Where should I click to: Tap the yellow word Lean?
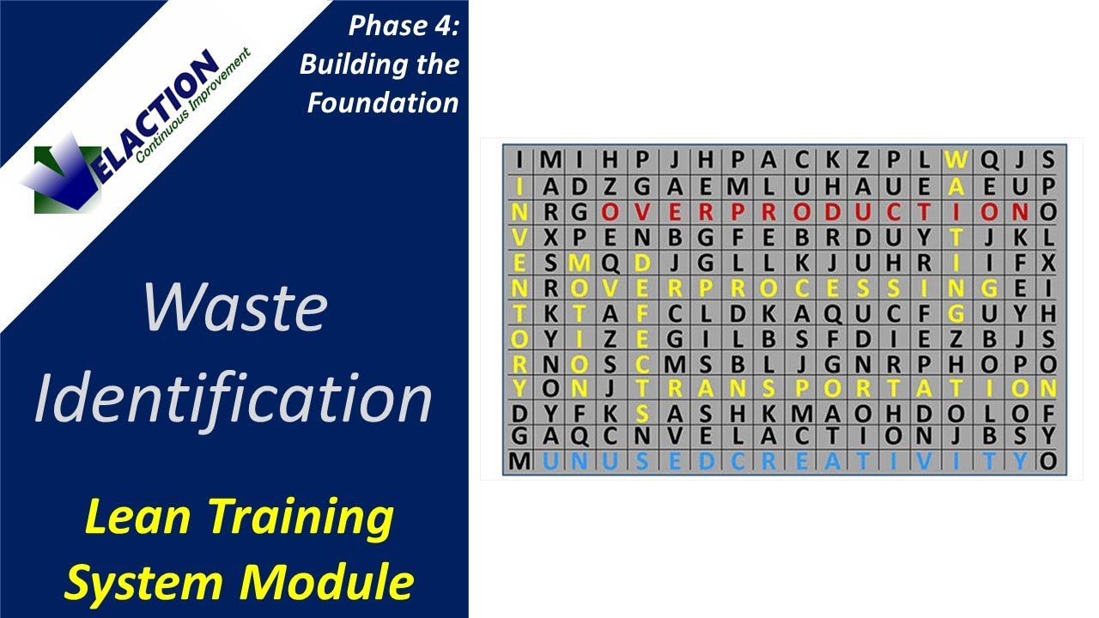coord(138,518)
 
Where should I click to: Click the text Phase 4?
coord(404,27)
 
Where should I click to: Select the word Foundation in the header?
coord(383,102)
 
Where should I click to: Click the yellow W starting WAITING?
coord(955,159)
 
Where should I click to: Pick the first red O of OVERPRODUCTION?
coord(609,212)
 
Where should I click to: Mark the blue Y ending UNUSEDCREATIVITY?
coord(1019,461)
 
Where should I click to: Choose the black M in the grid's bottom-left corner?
coord(519,461)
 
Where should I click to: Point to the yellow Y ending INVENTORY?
coord(519,388)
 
